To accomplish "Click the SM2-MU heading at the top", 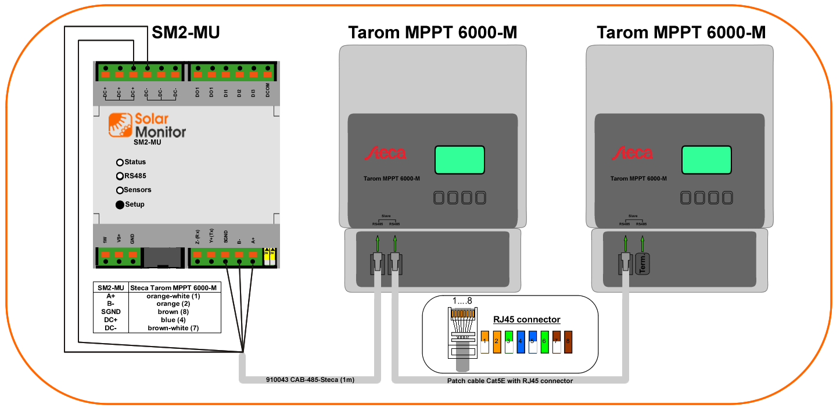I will click(186, 33).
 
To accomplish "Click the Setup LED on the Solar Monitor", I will click(120, 204).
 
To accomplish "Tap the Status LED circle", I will click(120, 163).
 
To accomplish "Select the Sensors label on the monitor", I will click(138, 190).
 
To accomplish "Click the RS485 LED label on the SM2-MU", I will click(135, 176).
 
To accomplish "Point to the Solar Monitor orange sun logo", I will click(120, 125).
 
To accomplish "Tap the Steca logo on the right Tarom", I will click(632, 153).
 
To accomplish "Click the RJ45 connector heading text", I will click(526, 319).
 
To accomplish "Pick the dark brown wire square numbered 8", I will click(568, 341).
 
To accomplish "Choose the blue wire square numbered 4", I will click(521, 341).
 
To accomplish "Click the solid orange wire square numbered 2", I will click(497, 341).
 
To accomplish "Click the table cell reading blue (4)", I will click(174, 320).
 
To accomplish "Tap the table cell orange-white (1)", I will click(174, 296).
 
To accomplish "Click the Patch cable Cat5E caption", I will click(509, 381).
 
